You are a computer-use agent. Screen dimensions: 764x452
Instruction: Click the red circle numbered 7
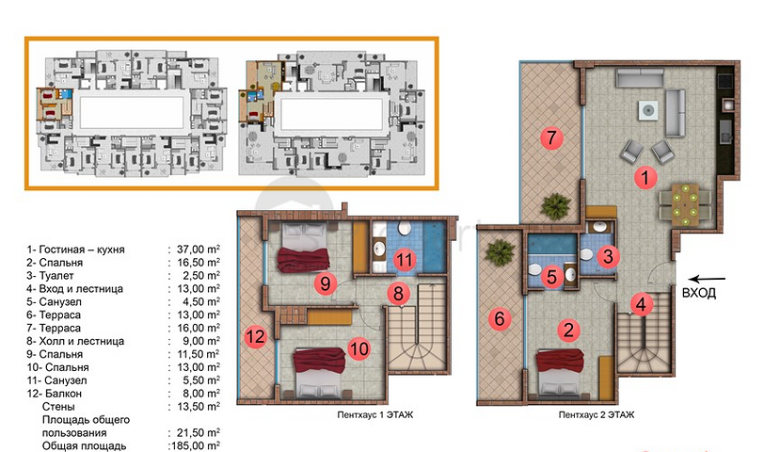tap(551, 138)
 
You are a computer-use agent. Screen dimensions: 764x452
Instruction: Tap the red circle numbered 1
tap(645, 177)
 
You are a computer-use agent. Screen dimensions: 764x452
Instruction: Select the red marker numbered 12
tap(256, 336)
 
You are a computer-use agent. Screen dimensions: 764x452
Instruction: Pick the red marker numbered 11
tap(404, 260)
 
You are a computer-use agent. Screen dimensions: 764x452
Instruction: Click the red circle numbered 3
tap(608, 256)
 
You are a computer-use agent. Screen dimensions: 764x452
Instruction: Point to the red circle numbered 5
tap(552, 277)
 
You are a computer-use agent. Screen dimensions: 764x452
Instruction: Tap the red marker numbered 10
tap(359, 349)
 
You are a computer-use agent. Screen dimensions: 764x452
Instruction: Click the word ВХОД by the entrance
tap(699, 293)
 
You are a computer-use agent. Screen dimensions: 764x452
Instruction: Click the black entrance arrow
tap(708, 280)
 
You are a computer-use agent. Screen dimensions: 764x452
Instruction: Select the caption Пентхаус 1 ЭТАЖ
tap(375, 415)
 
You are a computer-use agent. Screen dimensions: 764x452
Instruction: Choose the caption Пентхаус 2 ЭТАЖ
tap(597, 415)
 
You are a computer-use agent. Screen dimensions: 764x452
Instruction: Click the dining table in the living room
tap(686, 204)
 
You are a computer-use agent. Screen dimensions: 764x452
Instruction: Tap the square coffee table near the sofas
tap(648, 111)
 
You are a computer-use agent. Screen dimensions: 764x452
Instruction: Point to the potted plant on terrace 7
tap(555, 206)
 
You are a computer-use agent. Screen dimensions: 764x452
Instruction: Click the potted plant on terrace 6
tap(500, 252)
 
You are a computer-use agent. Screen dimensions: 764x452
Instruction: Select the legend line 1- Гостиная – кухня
tap(75, 250)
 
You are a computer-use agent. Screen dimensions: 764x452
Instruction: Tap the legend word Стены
tap(58, 407)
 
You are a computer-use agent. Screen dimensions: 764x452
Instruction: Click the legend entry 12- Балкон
tap(54, 394)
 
